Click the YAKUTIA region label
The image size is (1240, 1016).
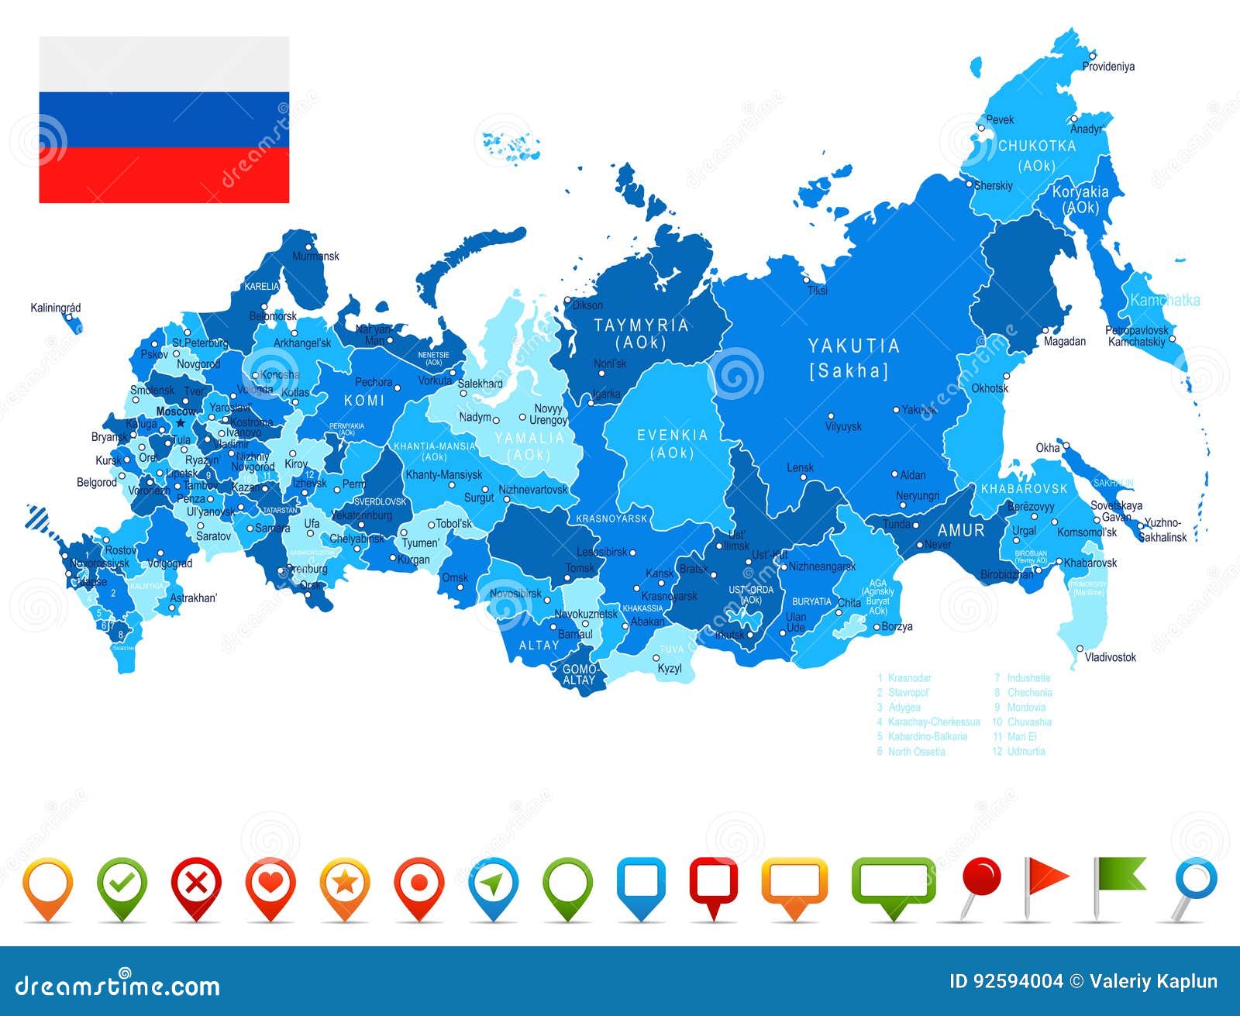[x=853, y=346]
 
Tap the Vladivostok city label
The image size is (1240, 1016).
[x=1111, y=657]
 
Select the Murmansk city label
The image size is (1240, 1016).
[x=315, y=256]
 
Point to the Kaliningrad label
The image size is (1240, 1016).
[x=56, y=308]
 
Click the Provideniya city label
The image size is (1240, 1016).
[x=1108, y=67]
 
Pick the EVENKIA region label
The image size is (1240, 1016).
[x=672, y=436]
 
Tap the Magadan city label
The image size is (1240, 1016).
[x=1065, y=341]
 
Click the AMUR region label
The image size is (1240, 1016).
[x=961, y=531]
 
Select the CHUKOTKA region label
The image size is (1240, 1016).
[x=1036, y=146]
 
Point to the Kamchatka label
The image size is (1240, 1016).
[x=1165, y=300]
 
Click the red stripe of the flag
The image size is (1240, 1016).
[x=164, y=175]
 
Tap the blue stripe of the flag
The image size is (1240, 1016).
[x=164, y=119]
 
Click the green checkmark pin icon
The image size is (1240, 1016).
[x=122, y=883]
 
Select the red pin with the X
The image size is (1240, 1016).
[x=196, y=883]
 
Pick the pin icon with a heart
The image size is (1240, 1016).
[x=270, y=883]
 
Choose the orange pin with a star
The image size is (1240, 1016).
[x=345, y=883]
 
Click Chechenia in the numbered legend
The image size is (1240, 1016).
[x=1029, y=693]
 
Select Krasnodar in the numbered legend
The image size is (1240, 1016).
[x=909, y=678]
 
